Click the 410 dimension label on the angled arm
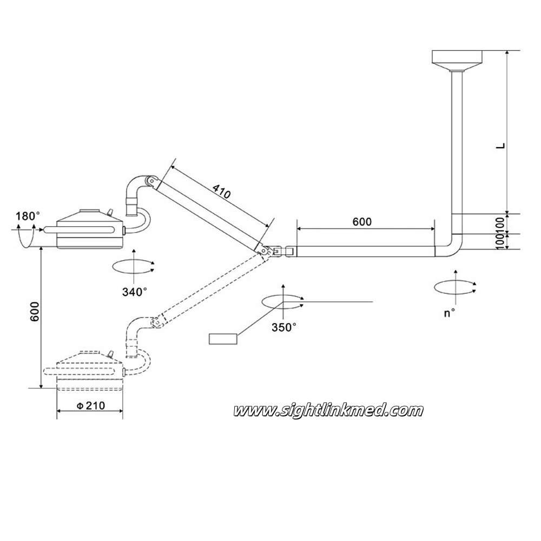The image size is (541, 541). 221,192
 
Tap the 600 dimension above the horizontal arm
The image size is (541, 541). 362,222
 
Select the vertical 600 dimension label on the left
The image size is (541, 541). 35,312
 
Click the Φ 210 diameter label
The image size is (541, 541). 90,405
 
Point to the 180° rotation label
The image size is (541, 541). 28,216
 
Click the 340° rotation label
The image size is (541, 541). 135,292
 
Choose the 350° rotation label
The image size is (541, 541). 284,327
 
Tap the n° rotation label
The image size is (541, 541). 449,313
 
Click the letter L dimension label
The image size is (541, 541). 500,145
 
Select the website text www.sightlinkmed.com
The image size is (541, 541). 328,411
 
